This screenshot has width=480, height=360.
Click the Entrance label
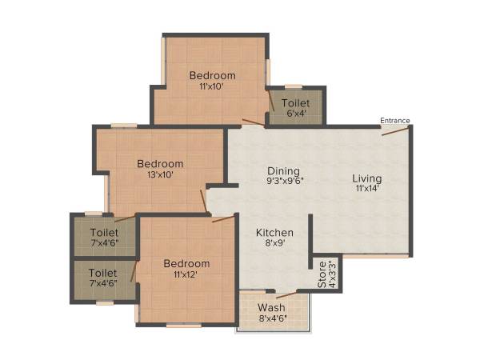(x=394, y=121)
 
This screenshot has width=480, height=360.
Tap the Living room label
(x=368, y=178)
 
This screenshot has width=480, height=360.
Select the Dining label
(x=284, y=170)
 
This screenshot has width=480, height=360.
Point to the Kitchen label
(x=274, y=233)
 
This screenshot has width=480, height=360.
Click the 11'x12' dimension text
(x=186, y=274)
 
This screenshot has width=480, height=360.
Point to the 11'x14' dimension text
(x=368, y=190)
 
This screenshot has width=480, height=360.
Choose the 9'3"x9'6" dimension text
(x=284, y=182)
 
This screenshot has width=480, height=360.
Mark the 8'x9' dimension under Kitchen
(x=274, y=244)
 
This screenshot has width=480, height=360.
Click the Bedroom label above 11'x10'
(x=212, y=76)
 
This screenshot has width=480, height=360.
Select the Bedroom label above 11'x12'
(x=186, y=263)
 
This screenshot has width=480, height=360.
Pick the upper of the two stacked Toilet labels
(x=103, y=234)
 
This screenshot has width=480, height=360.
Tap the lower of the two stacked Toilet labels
(x=103, y=273)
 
